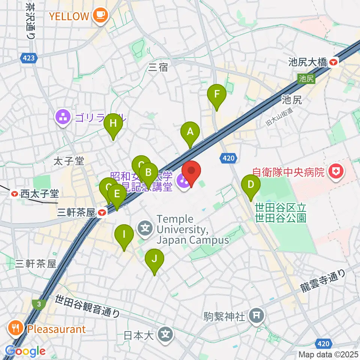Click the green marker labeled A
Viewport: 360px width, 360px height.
tap(190, 132)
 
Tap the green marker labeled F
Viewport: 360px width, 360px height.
tap(216, 94)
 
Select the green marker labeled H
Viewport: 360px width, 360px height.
tap(113, 123)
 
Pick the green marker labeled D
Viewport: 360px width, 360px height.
tap(251, 185)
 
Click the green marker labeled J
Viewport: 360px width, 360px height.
tap(154, 258)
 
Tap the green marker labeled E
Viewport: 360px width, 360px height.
tap(117, 194)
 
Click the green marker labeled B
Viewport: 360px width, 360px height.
tap(148, 173)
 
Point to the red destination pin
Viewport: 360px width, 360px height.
tap(191, 171)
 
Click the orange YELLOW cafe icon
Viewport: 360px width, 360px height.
tap(100, 16)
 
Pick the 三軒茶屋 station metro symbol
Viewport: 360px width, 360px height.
tap(102, 213)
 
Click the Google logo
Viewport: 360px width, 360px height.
tap(25, 351)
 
